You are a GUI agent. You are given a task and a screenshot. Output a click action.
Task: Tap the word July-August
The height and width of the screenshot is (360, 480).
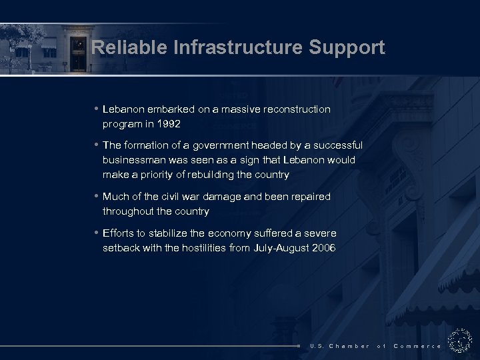275,248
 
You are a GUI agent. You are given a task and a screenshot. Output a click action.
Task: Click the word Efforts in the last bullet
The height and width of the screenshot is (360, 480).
118,233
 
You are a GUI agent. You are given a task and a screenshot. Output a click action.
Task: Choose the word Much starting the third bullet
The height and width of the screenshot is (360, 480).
116,197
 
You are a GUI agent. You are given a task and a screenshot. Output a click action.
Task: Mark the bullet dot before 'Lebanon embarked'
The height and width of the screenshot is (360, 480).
97,108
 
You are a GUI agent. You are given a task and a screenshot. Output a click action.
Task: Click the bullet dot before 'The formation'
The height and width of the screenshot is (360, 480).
97,145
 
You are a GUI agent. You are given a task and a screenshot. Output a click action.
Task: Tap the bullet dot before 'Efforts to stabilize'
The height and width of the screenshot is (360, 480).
97,233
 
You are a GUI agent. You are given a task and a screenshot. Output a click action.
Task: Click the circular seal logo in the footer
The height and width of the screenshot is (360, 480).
460,341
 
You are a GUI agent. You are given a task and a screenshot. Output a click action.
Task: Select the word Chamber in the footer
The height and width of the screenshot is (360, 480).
349,346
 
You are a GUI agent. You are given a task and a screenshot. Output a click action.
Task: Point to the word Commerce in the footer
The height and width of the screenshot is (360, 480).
417,346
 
